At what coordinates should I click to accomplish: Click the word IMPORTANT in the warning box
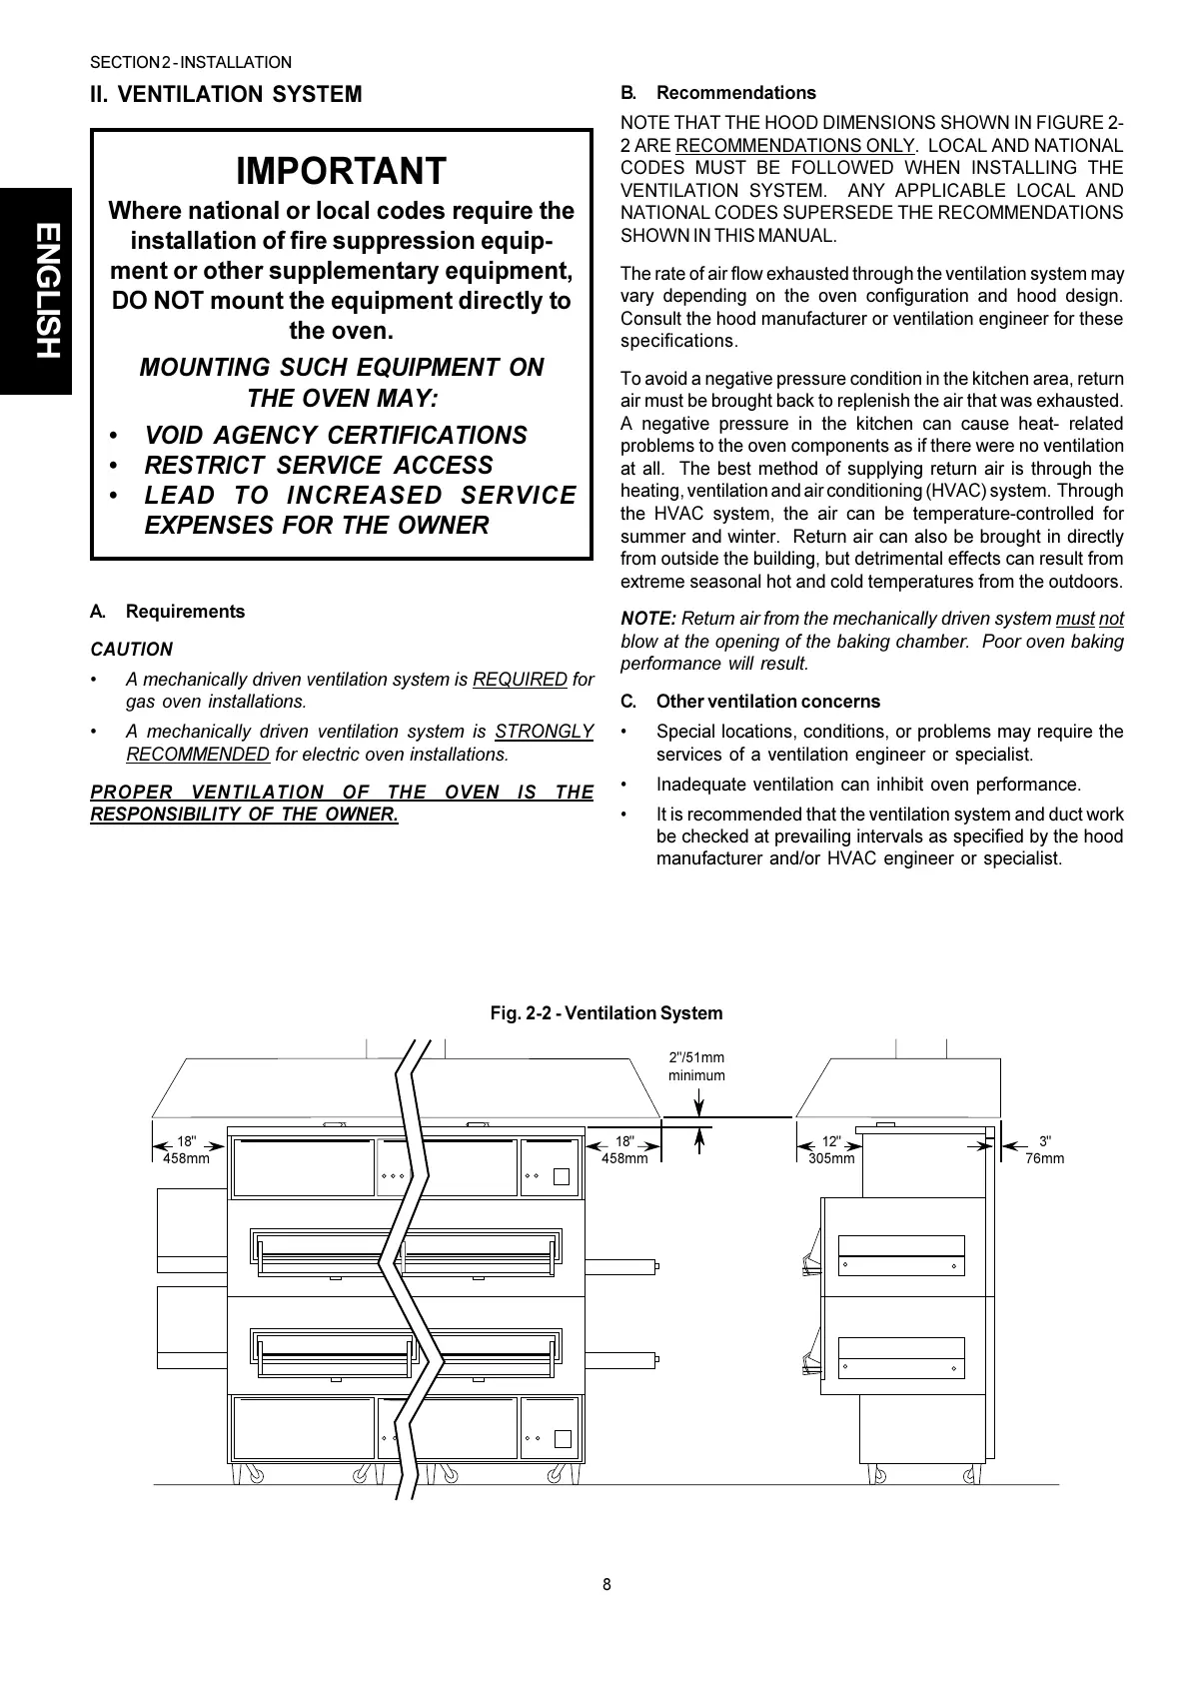coord(341,172)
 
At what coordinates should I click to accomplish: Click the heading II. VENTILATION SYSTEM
coord(226,95)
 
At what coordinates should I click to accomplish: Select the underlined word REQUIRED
coord(520,680)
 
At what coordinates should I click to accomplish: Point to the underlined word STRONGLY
coord(544,732)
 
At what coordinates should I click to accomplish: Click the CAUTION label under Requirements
coord(131,650)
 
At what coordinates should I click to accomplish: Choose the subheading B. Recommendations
coord(718,93)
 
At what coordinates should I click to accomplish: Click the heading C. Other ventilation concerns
coord(750,702)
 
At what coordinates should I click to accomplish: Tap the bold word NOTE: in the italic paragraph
coord(648,619)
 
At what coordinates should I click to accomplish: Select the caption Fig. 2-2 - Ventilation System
coord(605,1013)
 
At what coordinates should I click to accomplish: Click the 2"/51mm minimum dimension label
coord(696,1066)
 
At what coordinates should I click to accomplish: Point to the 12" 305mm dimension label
coord(831,1150)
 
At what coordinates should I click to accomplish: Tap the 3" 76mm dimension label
coord(1045,1150)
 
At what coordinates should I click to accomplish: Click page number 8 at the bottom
coord(606,1584)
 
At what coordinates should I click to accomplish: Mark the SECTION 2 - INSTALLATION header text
coord(191,63)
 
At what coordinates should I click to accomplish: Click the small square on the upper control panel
coord(562,1176)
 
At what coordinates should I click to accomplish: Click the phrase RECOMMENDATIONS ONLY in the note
coord(794,146)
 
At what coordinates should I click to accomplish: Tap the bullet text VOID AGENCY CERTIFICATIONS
coord(336,436)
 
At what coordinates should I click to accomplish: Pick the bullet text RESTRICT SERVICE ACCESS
coord(319,466)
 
